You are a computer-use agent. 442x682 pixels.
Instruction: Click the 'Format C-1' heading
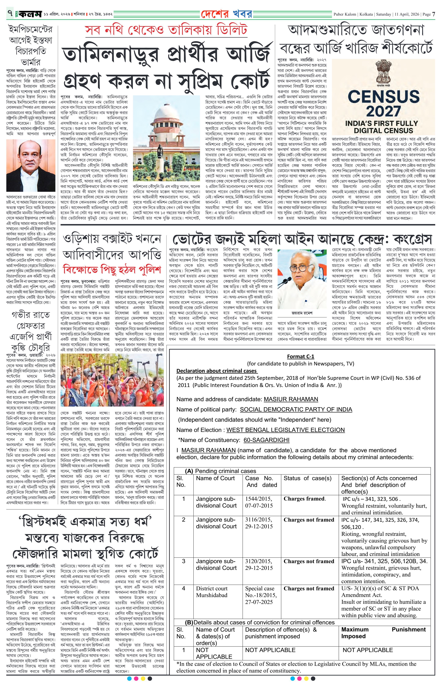(300, 356)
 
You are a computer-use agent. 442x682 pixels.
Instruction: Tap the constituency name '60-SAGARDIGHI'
(266, 440)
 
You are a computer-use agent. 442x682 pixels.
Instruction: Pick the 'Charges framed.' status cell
(304, 499)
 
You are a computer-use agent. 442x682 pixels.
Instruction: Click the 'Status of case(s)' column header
(307, 478)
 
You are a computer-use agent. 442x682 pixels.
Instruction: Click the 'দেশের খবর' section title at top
(227, 14)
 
